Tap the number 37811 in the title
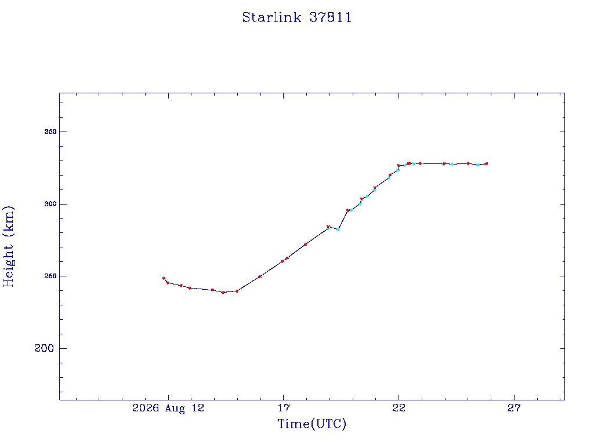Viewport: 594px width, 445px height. coord(330,17)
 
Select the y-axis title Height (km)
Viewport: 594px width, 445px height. coord(8,246)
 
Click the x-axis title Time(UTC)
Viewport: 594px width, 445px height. coord(312,424)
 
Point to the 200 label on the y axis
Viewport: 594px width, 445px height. coord(44,348)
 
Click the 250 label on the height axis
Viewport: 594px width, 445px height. coord(50,276)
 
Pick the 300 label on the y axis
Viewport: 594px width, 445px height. coord(50,204)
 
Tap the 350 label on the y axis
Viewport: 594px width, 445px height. coord(50,132)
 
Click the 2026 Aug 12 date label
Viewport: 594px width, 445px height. coord(168,408)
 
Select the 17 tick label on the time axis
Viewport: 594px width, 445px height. coord(283,408)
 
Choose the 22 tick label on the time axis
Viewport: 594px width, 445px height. coord(399,408)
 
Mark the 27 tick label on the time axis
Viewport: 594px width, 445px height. coord(514,408)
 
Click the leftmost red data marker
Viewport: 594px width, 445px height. coord(164,278)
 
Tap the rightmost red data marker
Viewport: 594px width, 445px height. coord(487,164)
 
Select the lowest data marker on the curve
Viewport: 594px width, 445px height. coord(223,292)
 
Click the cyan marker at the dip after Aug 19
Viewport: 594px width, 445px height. coord(338,229)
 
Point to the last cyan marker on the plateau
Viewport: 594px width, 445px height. coord(478,165)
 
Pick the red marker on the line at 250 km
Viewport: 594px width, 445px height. coord(259,276)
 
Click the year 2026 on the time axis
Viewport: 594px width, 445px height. coord(146,408)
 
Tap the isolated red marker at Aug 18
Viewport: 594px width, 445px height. coord(305,244)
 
